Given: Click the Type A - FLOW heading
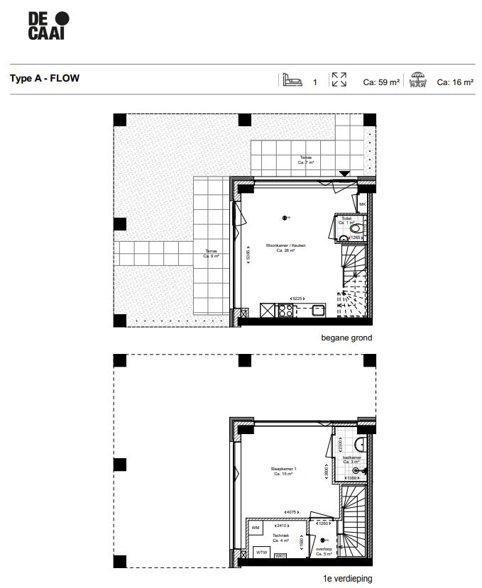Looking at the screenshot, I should point(44,79).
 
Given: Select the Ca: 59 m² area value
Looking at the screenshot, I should point(381,82).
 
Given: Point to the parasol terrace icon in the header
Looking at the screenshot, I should point(419,80).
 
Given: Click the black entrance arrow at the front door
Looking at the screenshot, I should point(344,173).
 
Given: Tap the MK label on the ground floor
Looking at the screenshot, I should point(363,205).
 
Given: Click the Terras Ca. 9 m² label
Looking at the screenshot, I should point(212,253).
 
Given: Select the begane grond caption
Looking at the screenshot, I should point(346,338).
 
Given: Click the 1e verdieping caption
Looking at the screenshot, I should point(347,579).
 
